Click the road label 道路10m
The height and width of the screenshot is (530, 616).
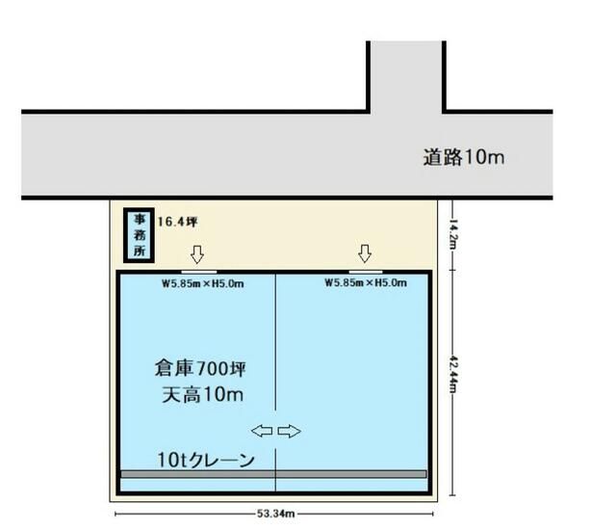click(x=464, y=157)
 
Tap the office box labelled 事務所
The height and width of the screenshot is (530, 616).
click(x=139, y=235)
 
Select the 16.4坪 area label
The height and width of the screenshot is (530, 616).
click(x=177, y=222)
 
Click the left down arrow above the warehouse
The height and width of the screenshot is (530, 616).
click(x=197, y=254)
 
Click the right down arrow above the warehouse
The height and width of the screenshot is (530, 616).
click(x=365, y=253)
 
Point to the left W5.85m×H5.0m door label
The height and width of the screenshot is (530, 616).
click(x=203, y=283)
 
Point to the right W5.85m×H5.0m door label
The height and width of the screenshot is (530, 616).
click(x=366, y=282)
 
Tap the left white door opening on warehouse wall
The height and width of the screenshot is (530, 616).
click(x=199, y=272)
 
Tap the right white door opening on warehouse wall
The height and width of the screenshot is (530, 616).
click(x=366, y=272)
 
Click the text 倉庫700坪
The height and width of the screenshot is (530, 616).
click(x=200, y=369)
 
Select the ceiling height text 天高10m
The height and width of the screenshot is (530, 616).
click(x=203, y=395)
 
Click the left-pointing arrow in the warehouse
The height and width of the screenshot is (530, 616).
click(x=262, y=431)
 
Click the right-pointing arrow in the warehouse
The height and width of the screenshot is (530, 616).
click(x=290, y=431)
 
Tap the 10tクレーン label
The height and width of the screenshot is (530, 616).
click(x=206, y=460)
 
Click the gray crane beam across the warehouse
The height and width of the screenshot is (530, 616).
click(x=273, y=474)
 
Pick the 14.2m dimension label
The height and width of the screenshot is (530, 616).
click(x=452, y=234)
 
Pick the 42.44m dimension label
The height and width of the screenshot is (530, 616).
click(x=452, y=374)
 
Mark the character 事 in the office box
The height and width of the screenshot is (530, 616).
click(x=139, y=219)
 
